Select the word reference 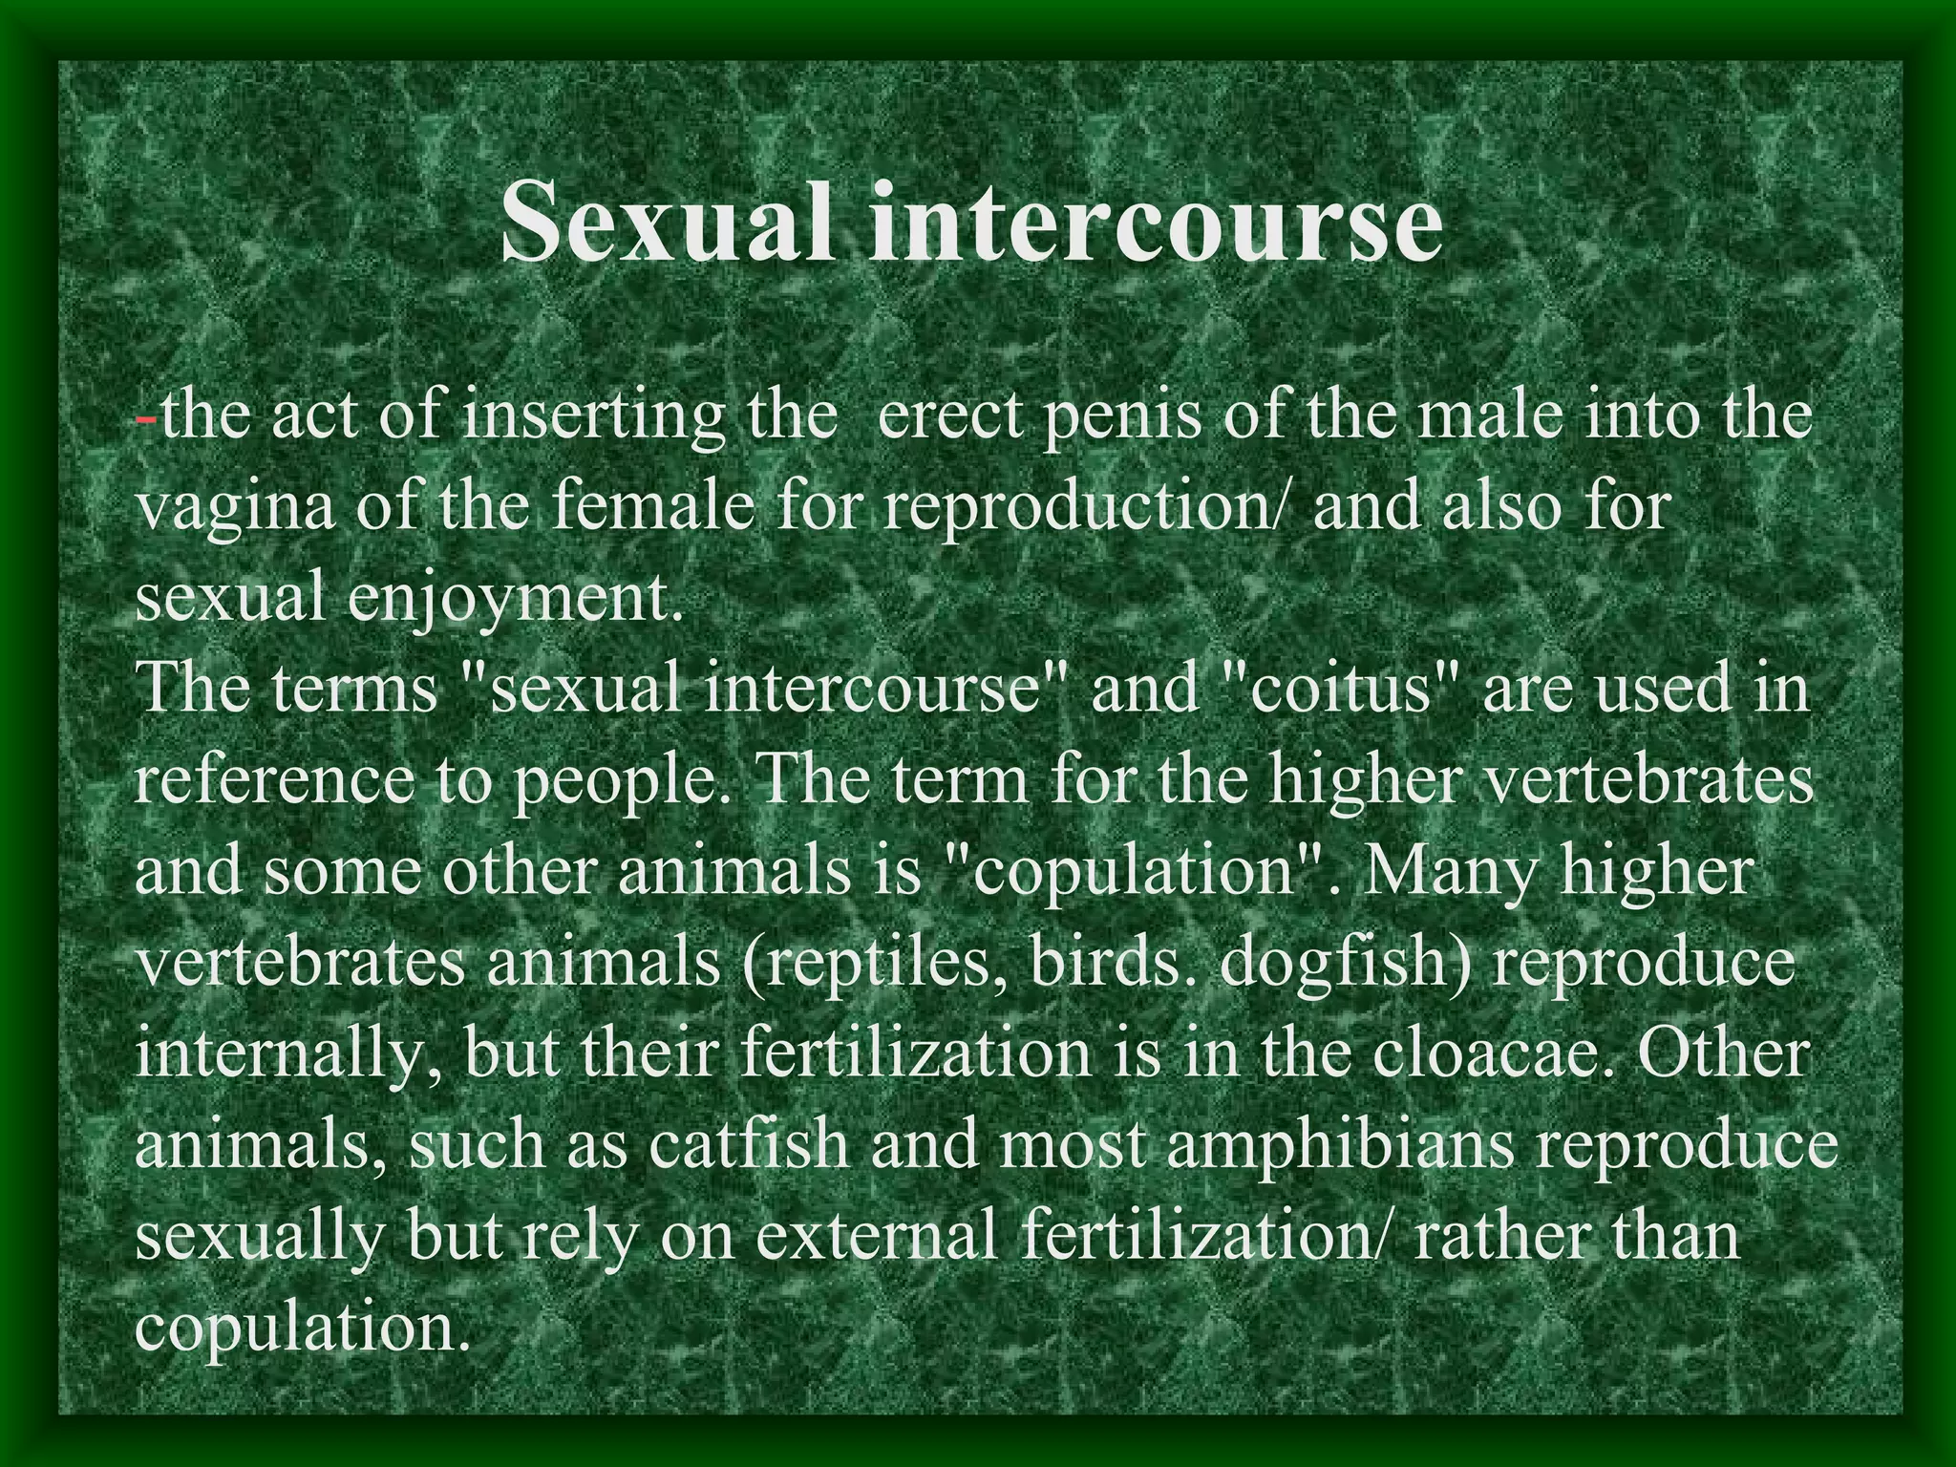tap(275, 779)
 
